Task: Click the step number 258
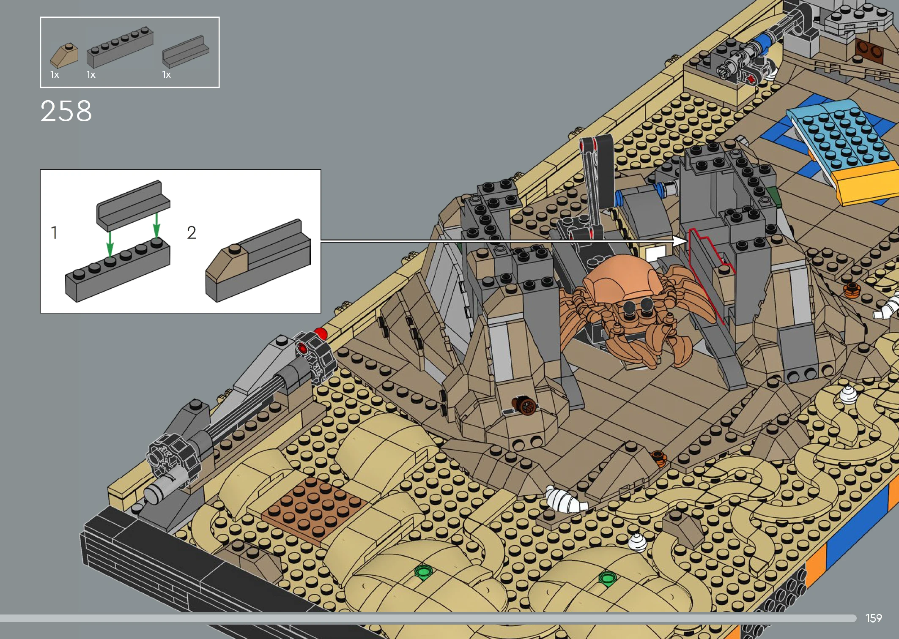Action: point(66,111)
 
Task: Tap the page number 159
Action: point(873,618)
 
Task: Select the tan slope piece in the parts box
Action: point(64,55)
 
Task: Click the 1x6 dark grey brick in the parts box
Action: point(120,47)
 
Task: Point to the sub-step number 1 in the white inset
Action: point(54,232)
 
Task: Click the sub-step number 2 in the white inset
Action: point(192,232)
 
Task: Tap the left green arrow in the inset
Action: point(110,244)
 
